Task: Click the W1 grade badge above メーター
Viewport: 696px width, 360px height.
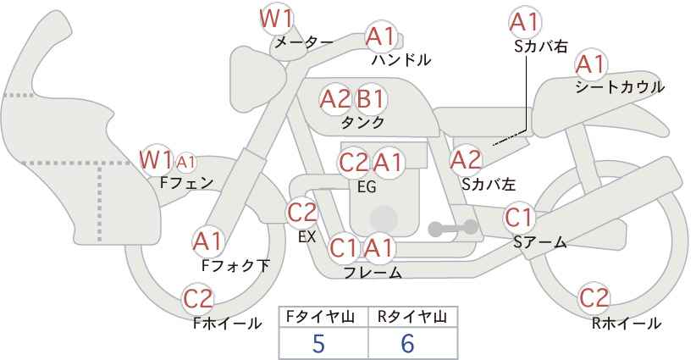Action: click(x=277, y=17)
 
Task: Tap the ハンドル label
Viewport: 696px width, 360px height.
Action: click(x=401, y=60)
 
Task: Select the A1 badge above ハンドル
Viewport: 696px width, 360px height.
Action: click(x=381, y=36)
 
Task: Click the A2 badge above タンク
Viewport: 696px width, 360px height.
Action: click(x=334, y=99)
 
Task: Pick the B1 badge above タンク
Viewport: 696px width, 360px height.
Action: click(x=370, y=99)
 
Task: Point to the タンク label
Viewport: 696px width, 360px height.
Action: click(x=362, y=123)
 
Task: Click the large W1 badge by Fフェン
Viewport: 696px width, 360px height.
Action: click(x=157, y=158)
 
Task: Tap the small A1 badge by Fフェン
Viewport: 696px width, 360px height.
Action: click(x=186, y=161)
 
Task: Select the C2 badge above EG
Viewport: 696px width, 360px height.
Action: click(x=353, y=162)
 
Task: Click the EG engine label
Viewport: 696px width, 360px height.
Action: click(x=367, y=186)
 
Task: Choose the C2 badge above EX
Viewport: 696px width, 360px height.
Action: click(x=302, y=213)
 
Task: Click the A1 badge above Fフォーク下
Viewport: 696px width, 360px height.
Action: click(x=207, y=241)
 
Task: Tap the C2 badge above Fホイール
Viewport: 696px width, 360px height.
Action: click(x=199, y=298)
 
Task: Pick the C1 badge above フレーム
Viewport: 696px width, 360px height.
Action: click(x=344, y=249)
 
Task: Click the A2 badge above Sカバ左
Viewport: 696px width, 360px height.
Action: click(x=466, y=159)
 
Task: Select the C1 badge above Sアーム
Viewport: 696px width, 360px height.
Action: click(x=518, y=218)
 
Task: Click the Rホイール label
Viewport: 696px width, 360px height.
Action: click(x=627, y=323)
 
